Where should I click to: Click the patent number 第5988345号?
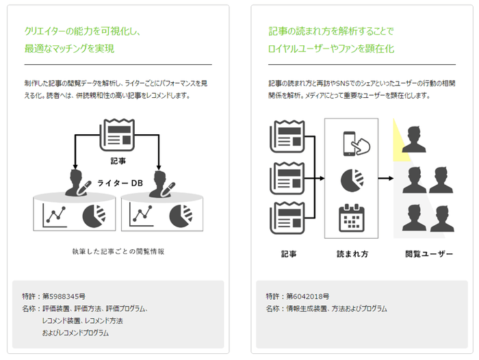point(64,296)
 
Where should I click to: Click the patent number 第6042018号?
point(309,296)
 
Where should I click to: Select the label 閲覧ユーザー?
point(429,254)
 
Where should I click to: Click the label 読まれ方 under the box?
point(352,254)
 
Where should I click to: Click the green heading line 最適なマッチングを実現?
point(69,49)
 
